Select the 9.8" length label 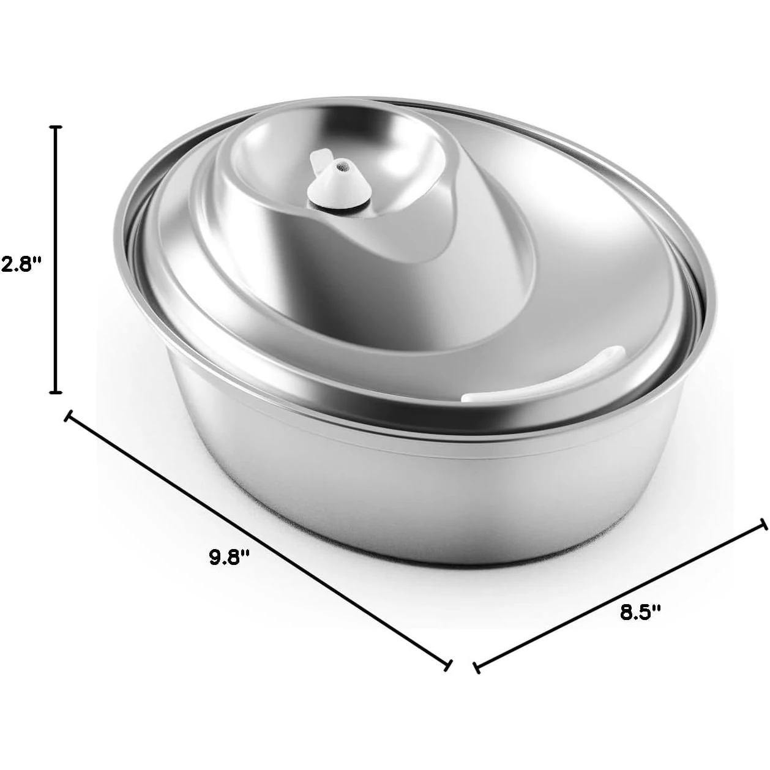[230, 557]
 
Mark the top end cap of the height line [56, 127]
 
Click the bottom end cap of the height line [56, 392]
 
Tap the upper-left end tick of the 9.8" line [69, 416]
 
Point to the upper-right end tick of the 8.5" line [763, 525]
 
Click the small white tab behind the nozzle [318, 163]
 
